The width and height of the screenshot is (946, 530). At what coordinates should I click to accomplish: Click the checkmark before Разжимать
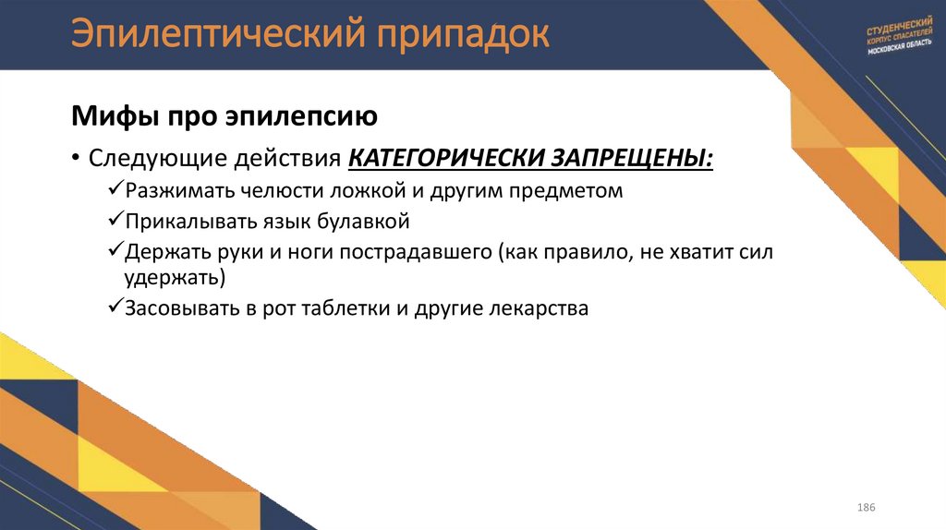(115, 191)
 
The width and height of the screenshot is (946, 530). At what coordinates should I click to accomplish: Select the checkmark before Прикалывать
(115, 222)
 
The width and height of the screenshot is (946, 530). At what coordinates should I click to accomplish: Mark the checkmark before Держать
(115, 251)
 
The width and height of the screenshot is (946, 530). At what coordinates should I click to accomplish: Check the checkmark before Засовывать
(115, 308)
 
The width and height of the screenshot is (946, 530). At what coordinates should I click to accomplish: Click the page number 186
(866, 509)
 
